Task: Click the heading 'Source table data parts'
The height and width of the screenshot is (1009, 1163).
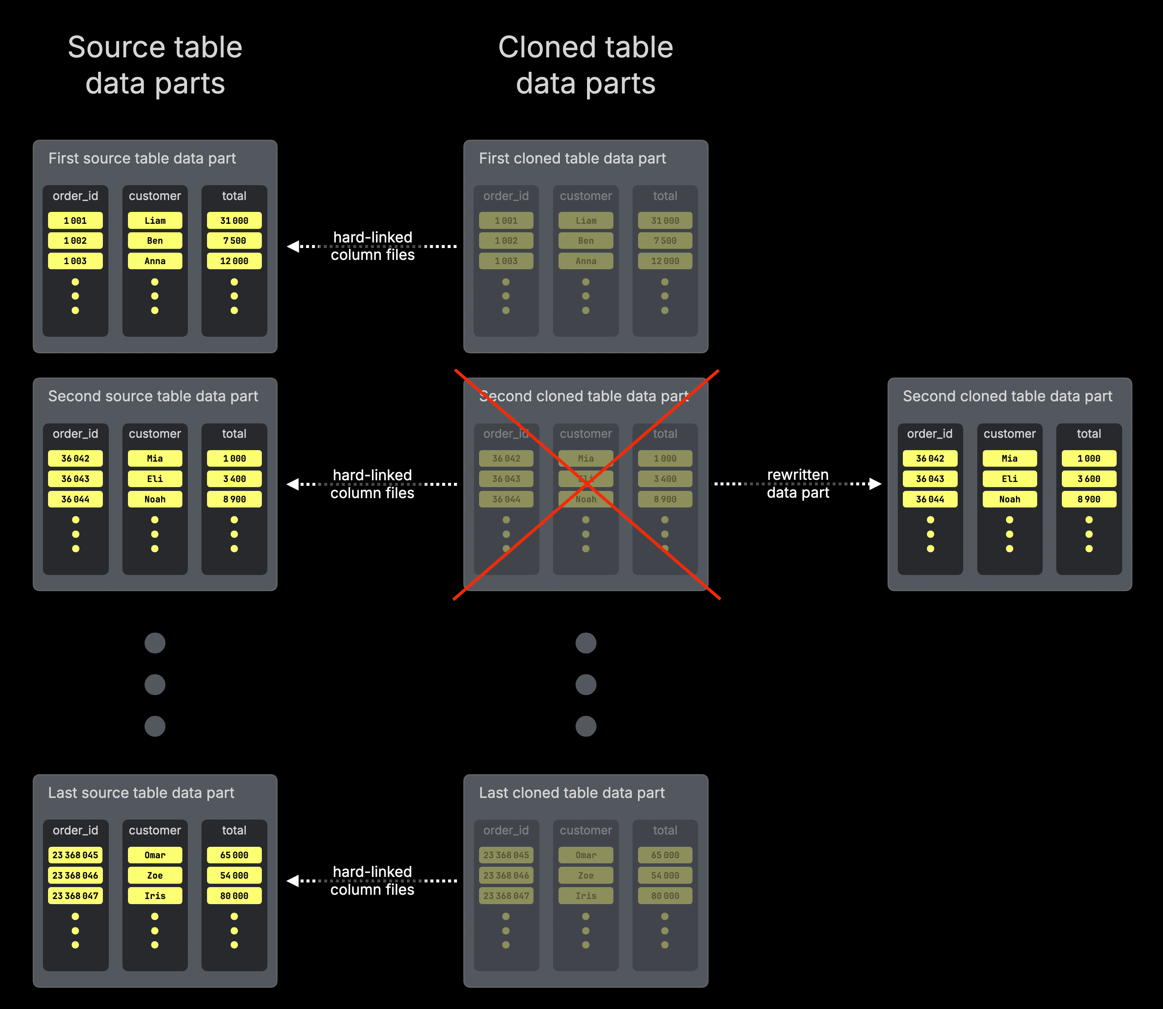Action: (155, 65)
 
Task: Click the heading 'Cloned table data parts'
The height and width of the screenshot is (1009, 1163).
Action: (585, 65)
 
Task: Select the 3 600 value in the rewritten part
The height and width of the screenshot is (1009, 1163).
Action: (1089, 479)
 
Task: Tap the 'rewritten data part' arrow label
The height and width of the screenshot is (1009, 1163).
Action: (797, 484)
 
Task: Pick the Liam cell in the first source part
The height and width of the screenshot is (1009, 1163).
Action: (155, 220)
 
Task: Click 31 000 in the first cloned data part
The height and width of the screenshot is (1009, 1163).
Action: (665, 220)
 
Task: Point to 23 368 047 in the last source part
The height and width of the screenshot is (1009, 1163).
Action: (75, 895)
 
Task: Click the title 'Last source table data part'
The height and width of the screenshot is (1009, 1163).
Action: (141, 793)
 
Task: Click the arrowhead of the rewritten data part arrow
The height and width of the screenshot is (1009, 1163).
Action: (876, 484)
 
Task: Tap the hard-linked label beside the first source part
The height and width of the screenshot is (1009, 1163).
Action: (372, 246)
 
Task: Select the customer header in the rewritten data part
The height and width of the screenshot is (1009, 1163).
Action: (1009, 434)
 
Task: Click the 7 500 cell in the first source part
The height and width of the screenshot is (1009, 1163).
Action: (234, 240)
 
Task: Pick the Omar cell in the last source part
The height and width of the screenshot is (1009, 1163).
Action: (155, 855)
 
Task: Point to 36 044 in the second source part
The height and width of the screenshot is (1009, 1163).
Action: (75, 499)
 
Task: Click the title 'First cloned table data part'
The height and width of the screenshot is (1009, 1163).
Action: (572, 158)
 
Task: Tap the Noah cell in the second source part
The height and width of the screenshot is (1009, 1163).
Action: (155, 499)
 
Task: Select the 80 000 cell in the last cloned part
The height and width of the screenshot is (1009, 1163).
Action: (665, 895)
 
